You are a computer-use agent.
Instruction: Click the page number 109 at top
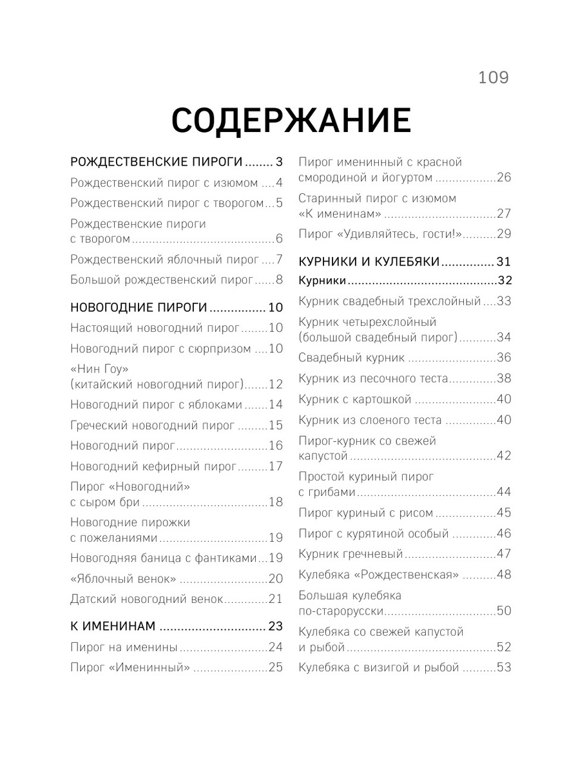(x=494, y=78)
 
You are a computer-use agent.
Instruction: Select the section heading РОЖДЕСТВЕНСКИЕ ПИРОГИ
(x=156, y=162)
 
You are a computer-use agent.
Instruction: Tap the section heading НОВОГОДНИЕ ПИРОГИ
(x=138, y=307)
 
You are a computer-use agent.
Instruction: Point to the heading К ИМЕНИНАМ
(x=113, y=626)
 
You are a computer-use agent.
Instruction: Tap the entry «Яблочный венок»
(x=123, y=578)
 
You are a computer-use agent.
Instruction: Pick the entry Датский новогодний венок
(x=147, y=599)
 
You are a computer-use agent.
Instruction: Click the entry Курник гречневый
(x=351, y=554)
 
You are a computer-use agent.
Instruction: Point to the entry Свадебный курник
(x=352, y=358)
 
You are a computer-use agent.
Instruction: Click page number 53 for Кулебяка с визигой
(x=503, y=667)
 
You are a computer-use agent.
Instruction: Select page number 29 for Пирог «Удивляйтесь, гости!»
(x=503, y=234)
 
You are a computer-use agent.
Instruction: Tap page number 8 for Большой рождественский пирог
(x=279, y=280)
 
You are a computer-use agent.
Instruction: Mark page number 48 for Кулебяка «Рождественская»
(x=503, y=575)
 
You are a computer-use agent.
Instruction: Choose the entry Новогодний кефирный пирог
(x=154, y=466)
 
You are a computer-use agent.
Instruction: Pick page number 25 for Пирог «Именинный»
(x=275, y=667)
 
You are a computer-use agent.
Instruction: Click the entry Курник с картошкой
(x=355, y=399)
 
